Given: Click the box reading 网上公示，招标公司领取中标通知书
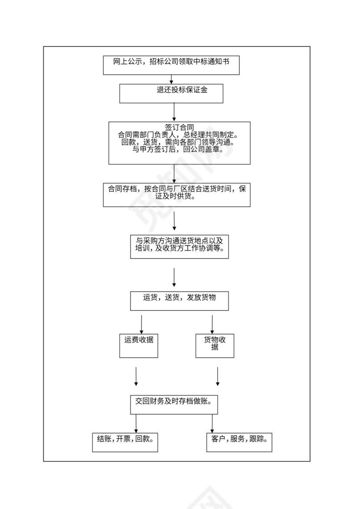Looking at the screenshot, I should click(x=171, y=65).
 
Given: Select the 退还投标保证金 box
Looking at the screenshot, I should click(x=171, y=93).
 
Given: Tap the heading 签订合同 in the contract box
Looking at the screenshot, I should click(x=179, y=127).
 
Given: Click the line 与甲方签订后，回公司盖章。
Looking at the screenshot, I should click(x=178, y=150).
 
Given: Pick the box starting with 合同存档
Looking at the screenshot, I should click(x=177, y=194).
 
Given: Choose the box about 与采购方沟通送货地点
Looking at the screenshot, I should click(x=179, y=247).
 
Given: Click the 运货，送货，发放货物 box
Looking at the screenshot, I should click(x=179, y=300).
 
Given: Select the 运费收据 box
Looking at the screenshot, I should click(x=138, y=346).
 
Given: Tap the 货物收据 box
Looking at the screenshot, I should click(x=215, y=346).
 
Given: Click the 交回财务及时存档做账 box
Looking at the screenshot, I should click(x=173, y=404).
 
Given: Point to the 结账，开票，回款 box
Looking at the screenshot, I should click(x=125, y=442).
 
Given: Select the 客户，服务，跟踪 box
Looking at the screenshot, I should click(x=239, y=442).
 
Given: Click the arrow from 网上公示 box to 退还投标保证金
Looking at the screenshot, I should click(x=171, y=79).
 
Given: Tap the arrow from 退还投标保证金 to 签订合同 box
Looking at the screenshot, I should click(x=174, y=112).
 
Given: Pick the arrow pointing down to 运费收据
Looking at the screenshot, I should click(x=141, y=324).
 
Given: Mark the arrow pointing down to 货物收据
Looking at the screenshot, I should click(x=212, y=324).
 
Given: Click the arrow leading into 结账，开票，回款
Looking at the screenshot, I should click(x=136, y=423).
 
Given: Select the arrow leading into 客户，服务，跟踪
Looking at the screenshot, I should click(x=212, y=423).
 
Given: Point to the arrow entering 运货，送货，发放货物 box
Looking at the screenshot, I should click(x=174, y=277).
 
